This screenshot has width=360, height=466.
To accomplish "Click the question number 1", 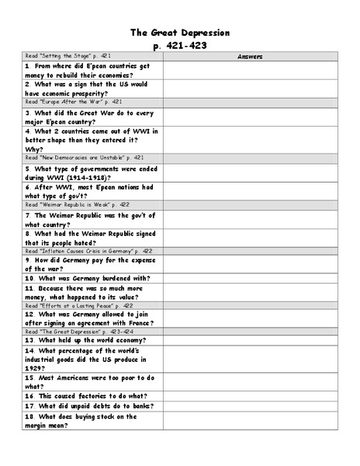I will pos(27,67).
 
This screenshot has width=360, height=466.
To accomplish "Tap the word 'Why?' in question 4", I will pos(34,149).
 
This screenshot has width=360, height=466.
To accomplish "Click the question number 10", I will pos(29,278).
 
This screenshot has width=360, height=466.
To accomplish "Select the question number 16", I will pos(29,395).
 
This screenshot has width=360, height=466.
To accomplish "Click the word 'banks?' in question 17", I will pos(137,405).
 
